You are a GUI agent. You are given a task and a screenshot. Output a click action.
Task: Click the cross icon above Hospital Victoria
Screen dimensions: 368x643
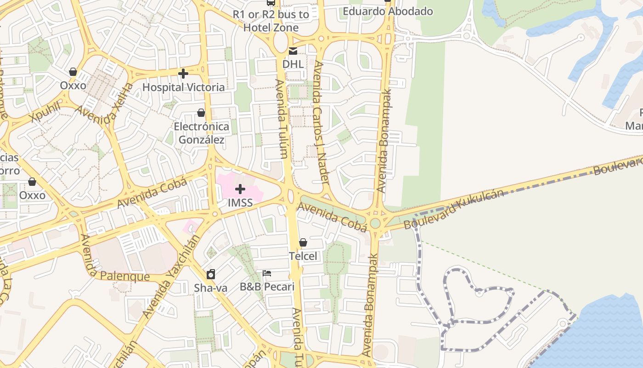(x=183, y=74)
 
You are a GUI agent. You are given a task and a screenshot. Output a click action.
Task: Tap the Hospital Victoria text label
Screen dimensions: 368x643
(x=183, y=87)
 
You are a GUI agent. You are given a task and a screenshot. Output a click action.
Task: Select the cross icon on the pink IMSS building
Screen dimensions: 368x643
(x=240, y=189)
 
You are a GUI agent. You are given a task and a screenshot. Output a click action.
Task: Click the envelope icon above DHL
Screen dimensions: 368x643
(x=293, y=51)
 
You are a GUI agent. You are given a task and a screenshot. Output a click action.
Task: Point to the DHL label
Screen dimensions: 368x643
(x=293, y=64)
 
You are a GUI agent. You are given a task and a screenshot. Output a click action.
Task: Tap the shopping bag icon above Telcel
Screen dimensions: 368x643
(x=303, y=242)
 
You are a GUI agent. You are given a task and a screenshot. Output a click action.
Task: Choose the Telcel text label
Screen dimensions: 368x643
(x=303, y=256)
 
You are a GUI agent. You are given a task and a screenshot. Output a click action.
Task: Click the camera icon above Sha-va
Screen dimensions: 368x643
(x=211, y=275)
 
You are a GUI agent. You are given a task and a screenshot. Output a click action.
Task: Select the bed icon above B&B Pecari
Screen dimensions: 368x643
(x=267, y=273)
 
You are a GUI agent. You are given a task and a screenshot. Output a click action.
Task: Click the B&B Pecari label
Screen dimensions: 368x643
(x=267, y=287)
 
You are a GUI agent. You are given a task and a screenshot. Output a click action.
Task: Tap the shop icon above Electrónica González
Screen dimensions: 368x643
(x=201, y=113)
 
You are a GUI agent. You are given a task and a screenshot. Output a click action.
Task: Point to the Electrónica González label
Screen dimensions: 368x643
(x=201, y=132)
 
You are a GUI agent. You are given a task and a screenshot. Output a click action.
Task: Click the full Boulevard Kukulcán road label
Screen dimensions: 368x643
(x=453, y=209)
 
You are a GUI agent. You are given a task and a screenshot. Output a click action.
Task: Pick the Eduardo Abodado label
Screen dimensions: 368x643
(x=388, y=11)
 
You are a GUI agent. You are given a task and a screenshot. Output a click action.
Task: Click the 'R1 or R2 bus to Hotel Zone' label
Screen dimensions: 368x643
(x=271, y=21)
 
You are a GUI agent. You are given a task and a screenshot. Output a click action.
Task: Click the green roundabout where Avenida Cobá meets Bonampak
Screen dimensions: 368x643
(x=375, y=224)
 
